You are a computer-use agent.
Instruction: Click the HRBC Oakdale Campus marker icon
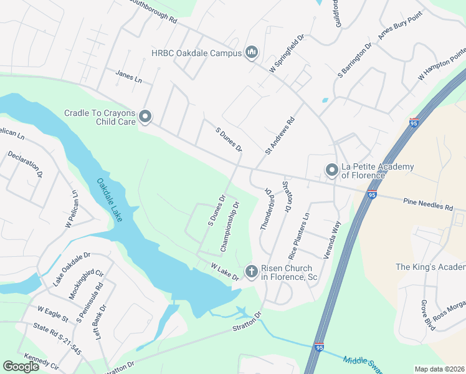pos(252,53)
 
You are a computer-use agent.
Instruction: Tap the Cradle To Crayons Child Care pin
pos(145,117)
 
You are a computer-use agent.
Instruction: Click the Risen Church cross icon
pos(251,271)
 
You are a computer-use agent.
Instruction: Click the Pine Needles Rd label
pos(427,204)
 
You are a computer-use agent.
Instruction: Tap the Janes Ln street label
pos(129,77)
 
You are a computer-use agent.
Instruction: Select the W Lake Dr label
pos(225,272)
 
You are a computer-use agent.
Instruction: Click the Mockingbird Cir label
pos(85,284)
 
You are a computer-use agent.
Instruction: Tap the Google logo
pos(21,367)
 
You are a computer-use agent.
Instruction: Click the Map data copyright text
pos(440,369)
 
